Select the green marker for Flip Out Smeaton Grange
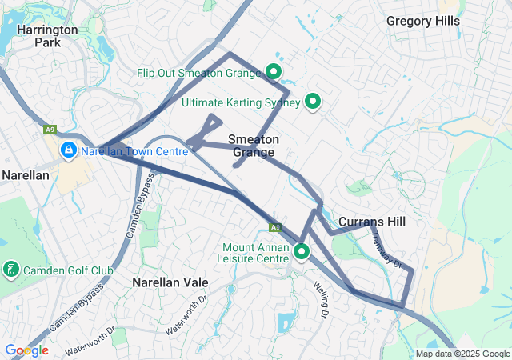click(273, 72)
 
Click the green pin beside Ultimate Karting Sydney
click(313, 102)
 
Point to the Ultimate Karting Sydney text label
click(240, 102)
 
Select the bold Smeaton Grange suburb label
click(254, 146)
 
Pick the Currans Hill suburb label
click(372, 222)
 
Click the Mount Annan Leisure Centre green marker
click(302, 252)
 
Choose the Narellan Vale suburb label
click(170, 282)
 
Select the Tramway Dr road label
click(390, 251)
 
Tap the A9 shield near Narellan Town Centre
click(50, 128)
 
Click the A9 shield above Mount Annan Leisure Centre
click(274, 227)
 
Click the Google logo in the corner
click(26, 350)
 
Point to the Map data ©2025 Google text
click(462, 354)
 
